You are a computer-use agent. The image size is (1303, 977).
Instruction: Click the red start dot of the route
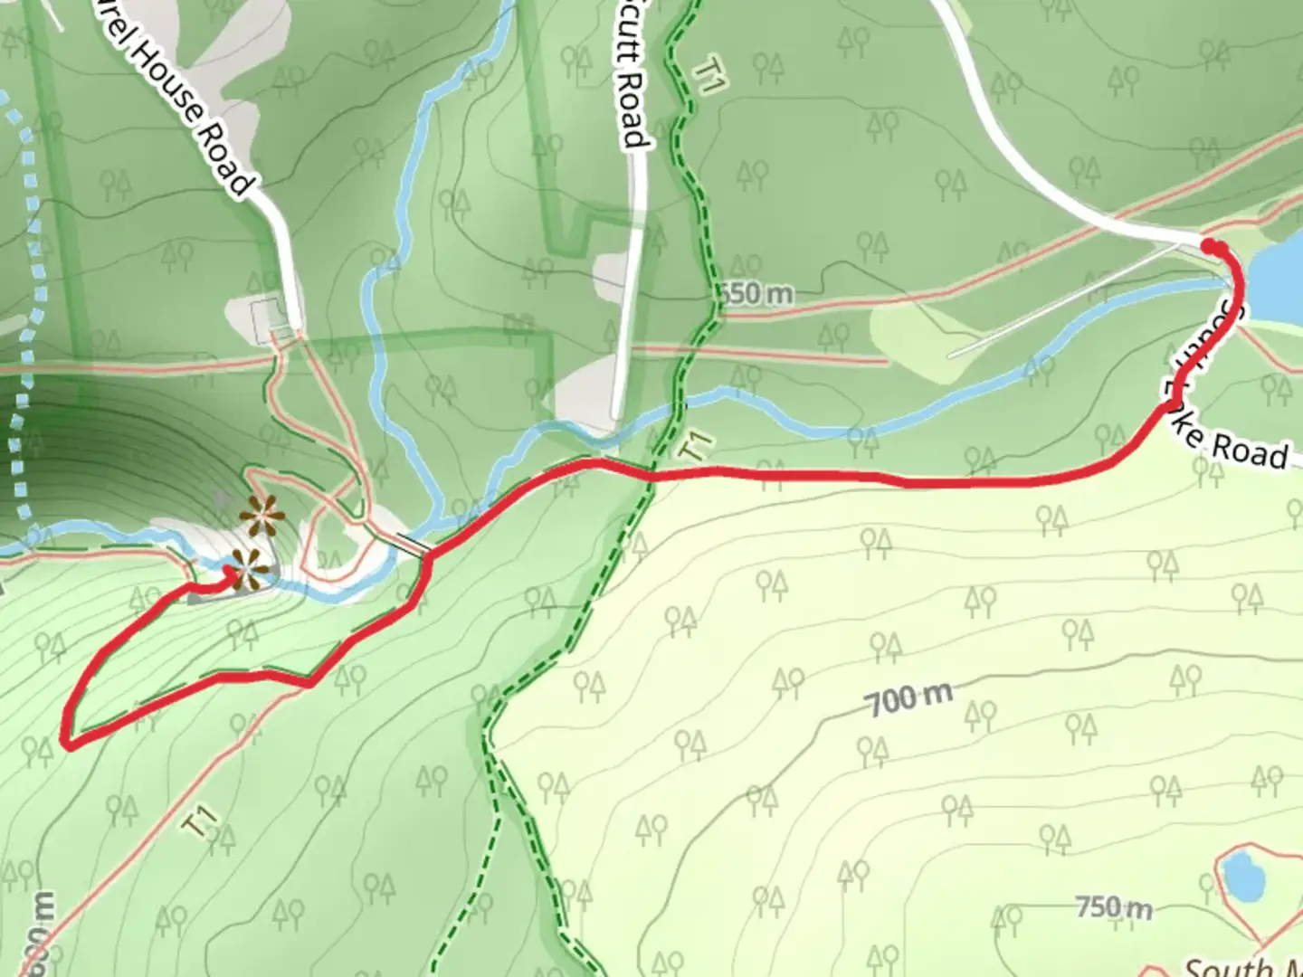click(1211, 245)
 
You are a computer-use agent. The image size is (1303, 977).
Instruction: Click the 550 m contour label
click(758, 294)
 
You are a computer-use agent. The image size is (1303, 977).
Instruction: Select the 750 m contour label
click(1113, 906)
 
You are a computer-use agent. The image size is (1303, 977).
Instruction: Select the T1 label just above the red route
click(695, 444)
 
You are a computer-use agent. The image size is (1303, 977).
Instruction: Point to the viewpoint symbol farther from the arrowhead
click(262, 518)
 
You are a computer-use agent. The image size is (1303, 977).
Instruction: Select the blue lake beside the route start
click(1278, 280)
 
